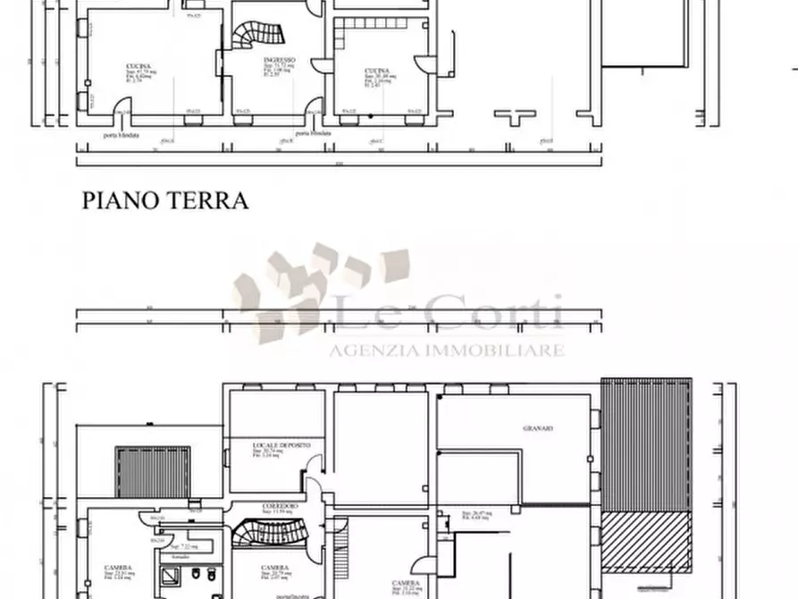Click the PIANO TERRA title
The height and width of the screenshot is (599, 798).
pyautogui.click(x=165, y=200)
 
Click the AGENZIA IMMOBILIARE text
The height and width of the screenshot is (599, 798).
pyautogui.click(x=447, y=350)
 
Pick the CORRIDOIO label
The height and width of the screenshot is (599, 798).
pyautogui.click(x=280, y=506)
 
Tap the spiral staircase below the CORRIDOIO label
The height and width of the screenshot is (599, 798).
pyautogui.click(x=260, y=535)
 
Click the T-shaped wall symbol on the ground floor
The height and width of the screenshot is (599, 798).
pyautogui.click(x=514, y=115)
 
